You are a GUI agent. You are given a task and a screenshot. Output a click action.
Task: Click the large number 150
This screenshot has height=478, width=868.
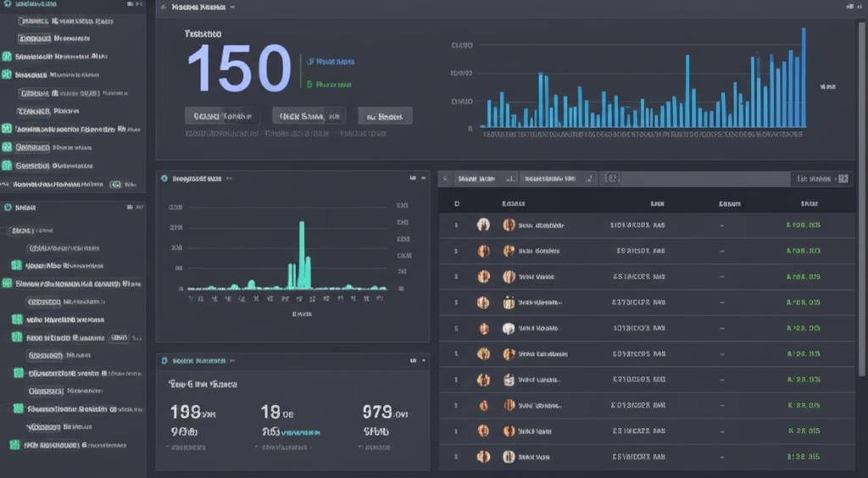coord(239,69)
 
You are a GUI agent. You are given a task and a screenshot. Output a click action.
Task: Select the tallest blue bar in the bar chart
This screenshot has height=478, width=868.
coord(803,78)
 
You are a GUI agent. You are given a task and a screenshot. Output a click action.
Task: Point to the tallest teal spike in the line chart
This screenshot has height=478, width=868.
coord(301,254)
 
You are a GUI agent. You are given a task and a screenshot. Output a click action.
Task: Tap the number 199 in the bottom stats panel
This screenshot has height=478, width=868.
coord(186,413)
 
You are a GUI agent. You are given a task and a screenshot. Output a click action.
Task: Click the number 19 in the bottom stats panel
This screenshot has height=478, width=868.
coord(271,413)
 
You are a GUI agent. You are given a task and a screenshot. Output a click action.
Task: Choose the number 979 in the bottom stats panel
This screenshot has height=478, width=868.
coord(377,413)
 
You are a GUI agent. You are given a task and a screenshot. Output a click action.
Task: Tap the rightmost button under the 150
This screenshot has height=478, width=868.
coord(385,116)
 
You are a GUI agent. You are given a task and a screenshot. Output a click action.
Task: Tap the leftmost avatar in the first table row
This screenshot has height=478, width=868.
coord(483,225)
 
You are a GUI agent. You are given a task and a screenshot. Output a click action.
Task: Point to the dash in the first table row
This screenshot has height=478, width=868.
coord(721,225)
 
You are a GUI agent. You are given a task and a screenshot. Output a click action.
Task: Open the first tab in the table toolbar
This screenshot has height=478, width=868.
coord(477,179)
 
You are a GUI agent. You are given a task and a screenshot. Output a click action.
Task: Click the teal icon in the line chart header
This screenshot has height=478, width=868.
coord(164,179)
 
